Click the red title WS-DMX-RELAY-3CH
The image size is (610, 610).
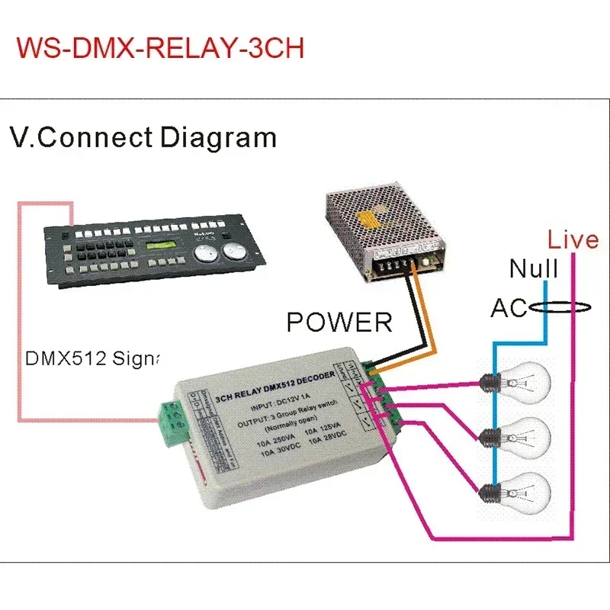pos(160,47)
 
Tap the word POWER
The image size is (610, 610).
pos(339,322)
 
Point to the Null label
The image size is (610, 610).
pos(534,268)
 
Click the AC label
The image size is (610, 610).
pos(509,308)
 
